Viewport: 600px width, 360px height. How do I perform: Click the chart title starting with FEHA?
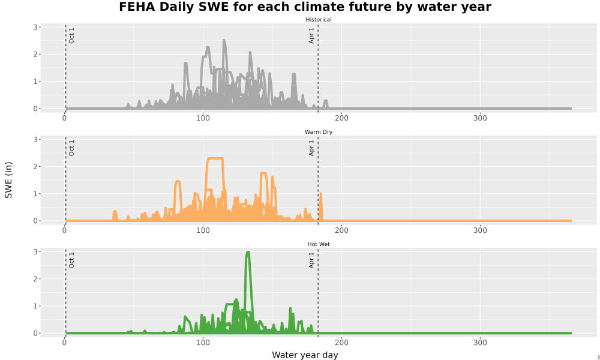point(305,7)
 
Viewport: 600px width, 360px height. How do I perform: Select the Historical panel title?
point(319,20)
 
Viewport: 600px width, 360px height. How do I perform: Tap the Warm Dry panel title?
point(319,132)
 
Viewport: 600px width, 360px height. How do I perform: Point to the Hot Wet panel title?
point(319,244)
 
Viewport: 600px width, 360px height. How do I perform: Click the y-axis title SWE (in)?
point(8,180)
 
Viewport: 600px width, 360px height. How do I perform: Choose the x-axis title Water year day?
point(305,355)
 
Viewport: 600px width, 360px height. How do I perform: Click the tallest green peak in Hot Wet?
point(248,253)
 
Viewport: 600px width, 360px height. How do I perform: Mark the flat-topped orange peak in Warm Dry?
point(215,158)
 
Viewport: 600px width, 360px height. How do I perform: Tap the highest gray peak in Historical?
point(224,40)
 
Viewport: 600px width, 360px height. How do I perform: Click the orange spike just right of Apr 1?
point(320,194)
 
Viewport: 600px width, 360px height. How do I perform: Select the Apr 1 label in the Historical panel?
point(311,35)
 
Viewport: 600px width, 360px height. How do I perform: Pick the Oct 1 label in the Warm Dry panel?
point(71,148)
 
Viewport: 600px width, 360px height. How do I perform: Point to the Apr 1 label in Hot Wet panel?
point(311,260)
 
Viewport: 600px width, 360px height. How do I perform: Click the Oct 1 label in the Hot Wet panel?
point(71,260)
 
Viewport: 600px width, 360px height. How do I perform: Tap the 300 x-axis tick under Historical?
point(480,118)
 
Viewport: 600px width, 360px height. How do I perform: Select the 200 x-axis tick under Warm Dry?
point(342,230)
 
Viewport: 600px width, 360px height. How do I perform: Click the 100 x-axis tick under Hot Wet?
point(203,343)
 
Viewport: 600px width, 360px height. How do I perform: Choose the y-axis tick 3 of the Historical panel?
point(35,27)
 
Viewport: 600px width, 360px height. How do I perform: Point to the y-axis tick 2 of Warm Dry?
point(35,166)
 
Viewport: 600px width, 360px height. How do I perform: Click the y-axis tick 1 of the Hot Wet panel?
point(35,306)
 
